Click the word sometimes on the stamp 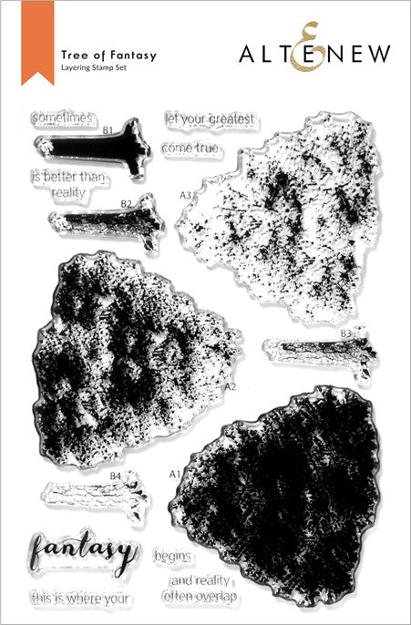pyautogui.click(x=61, y=118)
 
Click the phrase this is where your pyautogui.click(x=80, y=598)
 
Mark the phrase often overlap pyautogui.click(x=200, y=596)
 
